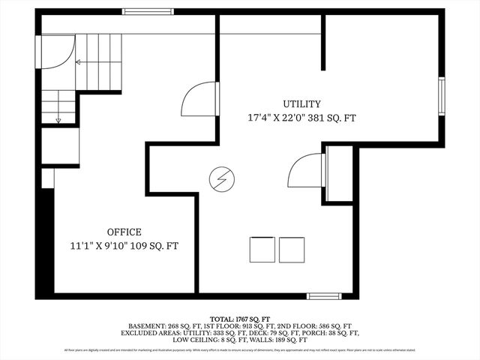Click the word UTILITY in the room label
pyautogui.click(x=302, y=104)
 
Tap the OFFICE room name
pyautogui.click(x=124, y=232)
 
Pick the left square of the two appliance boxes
pyautogui.click(x=262, y=250)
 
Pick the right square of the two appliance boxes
pyautogui.click(x=292, y=250)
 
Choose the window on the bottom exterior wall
pyautogui.click(x=324, y=296)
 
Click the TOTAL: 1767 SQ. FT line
pyautogui.click(x=240, y=319)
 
